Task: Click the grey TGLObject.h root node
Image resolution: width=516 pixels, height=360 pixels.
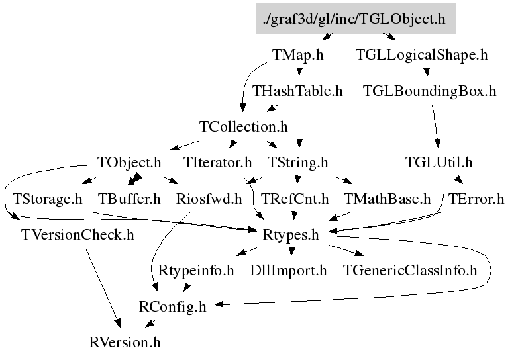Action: tap(354, 19)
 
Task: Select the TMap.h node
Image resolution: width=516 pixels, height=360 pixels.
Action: tap(297, 55)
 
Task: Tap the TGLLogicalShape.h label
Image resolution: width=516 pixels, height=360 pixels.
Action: tap(421, 55)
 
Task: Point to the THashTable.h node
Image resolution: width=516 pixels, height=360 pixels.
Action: tap(297, 91)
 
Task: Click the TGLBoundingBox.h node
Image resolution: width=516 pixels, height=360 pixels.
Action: tap(429, 91)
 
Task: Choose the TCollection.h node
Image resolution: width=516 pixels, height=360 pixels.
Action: tap(244, 126)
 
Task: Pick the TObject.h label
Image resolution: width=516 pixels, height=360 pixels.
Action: tap(129, 162)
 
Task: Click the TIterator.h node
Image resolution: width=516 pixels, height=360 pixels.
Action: tap(218, 162)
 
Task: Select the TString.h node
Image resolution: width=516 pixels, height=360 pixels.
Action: tap(297, 162)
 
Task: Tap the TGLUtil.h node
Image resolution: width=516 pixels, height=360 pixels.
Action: tap(439, 162)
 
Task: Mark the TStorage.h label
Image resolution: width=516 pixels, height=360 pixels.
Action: tap(47, 198)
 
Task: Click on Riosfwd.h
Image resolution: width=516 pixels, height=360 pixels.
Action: tap(209, 198)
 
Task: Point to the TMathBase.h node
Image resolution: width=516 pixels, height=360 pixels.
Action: tap(387, 198)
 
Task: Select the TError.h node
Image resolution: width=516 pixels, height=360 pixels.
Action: tap(476, 198)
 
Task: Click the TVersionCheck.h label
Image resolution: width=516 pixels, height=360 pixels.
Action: tap(77, 234)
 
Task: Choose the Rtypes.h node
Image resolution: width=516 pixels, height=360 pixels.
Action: tap(291, 234)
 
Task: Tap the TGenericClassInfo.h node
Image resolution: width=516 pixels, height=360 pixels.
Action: tap(410, 270)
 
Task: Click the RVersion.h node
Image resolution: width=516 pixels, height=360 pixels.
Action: tap(125, 342)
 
